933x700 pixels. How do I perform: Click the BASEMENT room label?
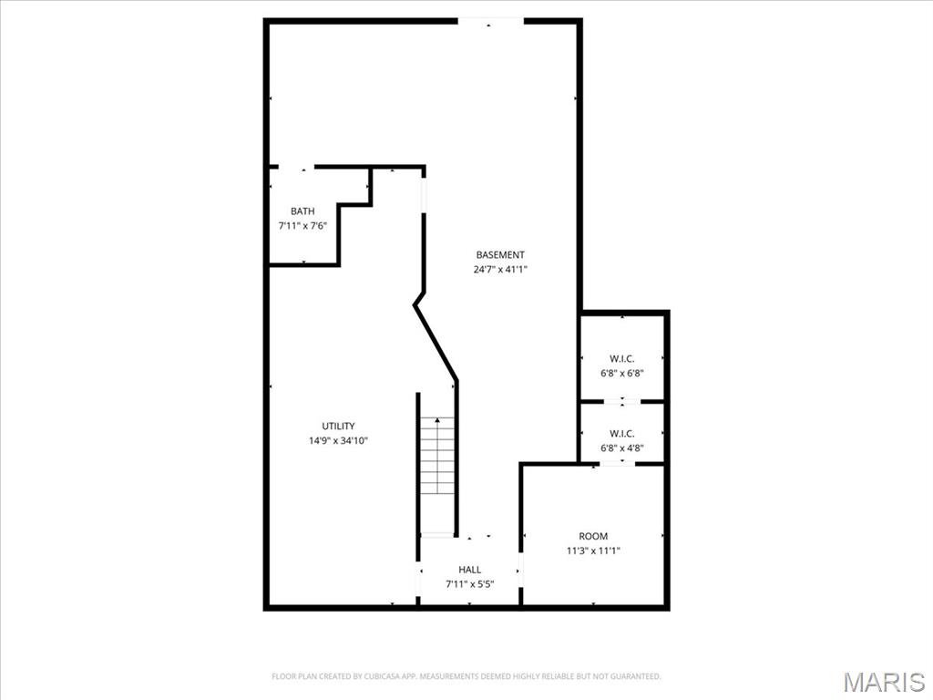[500, 255]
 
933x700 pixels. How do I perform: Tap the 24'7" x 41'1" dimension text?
[500, 269]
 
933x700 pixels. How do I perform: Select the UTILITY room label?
[338, 427]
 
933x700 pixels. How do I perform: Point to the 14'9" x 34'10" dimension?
[339, 441]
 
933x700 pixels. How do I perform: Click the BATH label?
[302, 211]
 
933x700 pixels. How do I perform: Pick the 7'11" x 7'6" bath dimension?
[302, 226]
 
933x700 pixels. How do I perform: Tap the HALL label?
[469, 570]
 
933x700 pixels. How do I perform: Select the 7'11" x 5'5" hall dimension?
[470, 584]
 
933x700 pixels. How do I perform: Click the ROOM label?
[593, 536]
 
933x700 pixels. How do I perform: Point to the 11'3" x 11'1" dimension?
[593, 551]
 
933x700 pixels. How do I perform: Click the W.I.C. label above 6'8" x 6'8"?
[621, 359]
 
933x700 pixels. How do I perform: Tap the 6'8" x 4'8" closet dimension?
[621, 448]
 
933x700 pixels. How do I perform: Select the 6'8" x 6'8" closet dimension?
[621, 374]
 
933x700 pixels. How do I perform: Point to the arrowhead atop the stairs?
[437, 420]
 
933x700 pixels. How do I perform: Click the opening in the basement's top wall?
[490, 22]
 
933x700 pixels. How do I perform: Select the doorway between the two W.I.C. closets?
[621, 402]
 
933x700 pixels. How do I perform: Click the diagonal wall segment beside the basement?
[436, 343]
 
